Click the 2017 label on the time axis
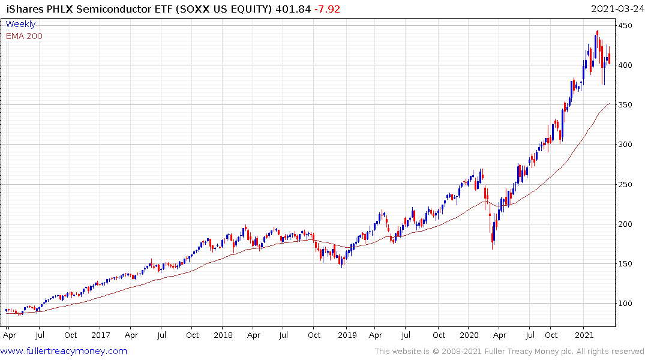coord(101,335)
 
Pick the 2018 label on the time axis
coord(223,335)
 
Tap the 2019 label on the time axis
coord(347,335)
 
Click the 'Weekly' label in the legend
coord(20,25)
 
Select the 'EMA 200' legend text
coord(24,36)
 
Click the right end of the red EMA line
coord(609,104)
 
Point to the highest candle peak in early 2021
coord(597,32)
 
